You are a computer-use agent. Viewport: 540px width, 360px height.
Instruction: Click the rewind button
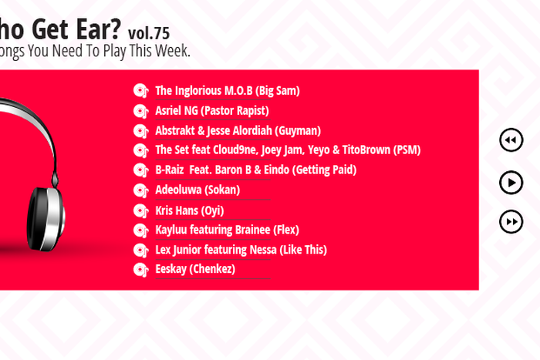coord(511,140)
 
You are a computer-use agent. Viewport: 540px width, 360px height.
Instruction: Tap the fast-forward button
coord(511,222)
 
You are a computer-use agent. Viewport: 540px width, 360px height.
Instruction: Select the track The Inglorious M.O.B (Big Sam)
coord(227,91)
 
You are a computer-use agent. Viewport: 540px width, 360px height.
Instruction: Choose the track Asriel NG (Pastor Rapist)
coord(211,111)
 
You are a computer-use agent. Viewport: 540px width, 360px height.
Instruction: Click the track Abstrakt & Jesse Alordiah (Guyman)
coord(238,131)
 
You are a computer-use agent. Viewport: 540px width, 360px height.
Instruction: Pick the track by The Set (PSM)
coord(287,150)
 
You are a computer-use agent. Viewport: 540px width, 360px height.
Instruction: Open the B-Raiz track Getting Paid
coord(255,170)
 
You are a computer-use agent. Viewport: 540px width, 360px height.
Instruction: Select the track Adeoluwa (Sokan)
coord(197,190)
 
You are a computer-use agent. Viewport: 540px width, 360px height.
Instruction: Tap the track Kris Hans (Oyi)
coord(189,210)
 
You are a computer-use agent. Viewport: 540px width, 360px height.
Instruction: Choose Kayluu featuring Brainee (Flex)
coord(227,230)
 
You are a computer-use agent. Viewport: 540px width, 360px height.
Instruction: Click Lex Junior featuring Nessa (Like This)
coord(241,250)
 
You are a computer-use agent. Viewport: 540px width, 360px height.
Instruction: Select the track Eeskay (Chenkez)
coord(194,269)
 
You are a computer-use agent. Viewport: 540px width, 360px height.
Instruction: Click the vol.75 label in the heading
coord(149,33)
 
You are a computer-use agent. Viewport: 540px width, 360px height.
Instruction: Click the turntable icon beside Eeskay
coord(140,270)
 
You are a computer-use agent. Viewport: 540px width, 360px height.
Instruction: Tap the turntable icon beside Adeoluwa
coord(140,190)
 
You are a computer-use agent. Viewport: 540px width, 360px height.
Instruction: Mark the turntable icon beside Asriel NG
coord(140,111)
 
